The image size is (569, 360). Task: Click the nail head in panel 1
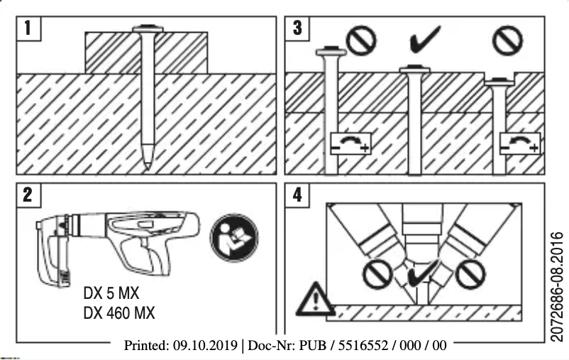pyautogui.click(x=147, y=29)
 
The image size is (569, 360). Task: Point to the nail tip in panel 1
pyautogui.click(x=146, y=164)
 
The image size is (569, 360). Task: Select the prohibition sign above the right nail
pyautogui.click(x=507, y=40)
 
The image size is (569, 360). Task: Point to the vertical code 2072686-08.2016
pyautogui.click(x=557, y=284)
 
